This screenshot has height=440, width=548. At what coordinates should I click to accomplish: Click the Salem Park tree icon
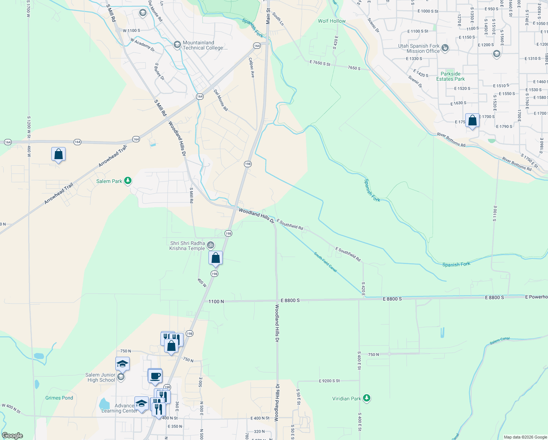[127, 181]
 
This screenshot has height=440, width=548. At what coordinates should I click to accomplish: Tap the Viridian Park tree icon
[367, 398]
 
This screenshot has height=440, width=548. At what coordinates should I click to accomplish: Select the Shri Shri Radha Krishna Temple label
[187, 246]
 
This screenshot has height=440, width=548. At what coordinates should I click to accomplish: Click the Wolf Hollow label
[332, 21]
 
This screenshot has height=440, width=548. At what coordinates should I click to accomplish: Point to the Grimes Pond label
[59, 398]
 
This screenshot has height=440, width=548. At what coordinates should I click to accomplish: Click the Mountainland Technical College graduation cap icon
[177, 45]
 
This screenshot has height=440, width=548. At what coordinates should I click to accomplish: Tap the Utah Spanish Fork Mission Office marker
[445, 48]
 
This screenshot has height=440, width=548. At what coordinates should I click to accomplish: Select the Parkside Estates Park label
[450, 76]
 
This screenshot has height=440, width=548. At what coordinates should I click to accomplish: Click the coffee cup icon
[155, 376]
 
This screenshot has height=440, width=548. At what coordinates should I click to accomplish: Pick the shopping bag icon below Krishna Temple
[216, 258]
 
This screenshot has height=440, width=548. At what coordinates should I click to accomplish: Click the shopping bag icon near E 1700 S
[472, 121]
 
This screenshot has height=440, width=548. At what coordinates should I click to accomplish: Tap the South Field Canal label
[325, 262]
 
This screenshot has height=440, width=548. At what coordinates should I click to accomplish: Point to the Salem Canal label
[500, 341]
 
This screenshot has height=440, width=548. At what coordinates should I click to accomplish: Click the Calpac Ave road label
[252, 67]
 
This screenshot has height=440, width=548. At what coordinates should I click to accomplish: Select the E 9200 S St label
[329, 381]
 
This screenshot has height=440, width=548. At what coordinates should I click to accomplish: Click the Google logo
[12, 436]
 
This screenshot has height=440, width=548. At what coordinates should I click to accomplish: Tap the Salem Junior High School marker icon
[121, 377]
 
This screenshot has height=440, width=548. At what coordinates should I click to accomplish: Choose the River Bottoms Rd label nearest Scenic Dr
[451, 140]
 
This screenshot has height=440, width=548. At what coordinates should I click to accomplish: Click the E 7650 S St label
[320, 63]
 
